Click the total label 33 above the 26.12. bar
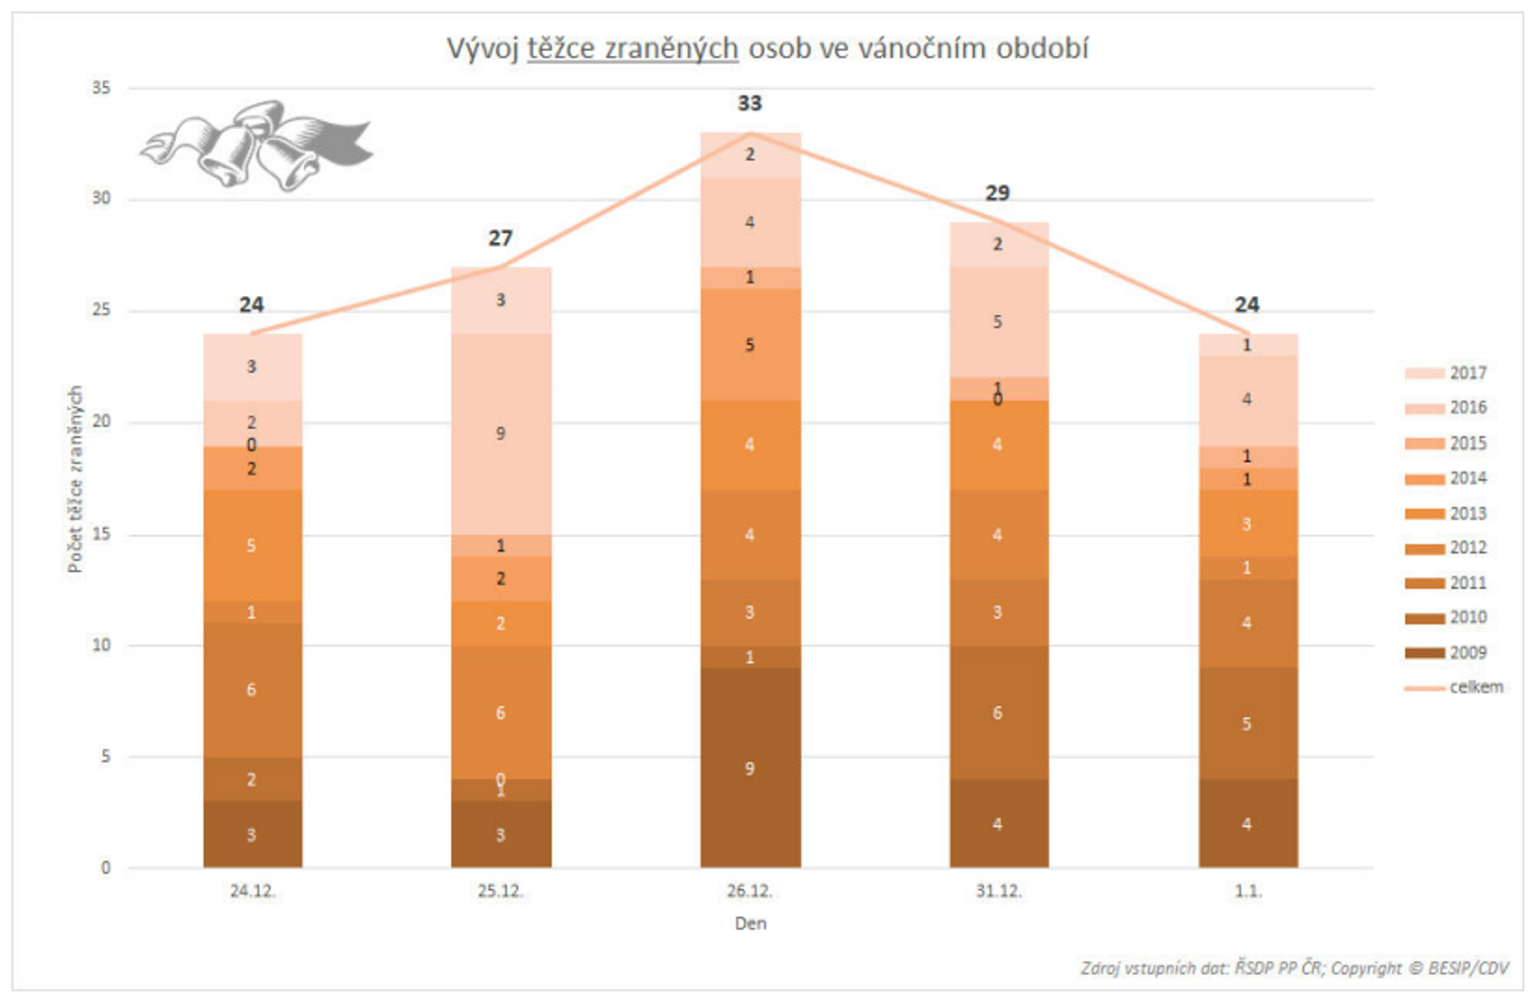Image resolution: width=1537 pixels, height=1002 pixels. click(750, 103)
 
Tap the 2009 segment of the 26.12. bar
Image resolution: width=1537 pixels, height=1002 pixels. click(750, 768)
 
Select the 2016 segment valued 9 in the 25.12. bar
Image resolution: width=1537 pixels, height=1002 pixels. click(501, 433)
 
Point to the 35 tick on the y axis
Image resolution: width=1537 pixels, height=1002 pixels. click(101, 88)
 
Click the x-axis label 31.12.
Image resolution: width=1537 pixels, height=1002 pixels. click(998, 891)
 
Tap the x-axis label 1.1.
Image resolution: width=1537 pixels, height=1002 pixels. click(1248, 891)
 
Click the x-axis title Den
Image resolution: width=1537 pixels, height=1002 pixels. click(751, 923)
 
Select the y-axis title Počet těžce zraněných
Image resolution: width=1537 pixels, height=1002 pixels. click(76, 479)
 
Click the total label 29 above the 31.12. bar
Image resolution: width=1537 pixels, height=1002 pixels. click(998, 193)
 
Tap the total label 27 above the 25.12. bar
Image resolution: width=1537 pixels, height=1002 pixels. click(501, 238)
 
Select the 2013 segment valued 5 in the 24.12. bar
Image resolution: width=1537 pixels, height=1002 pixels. click(252, 545)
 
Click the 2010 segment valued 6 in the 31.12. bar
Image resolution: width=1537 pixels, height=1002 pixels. click(998, 713)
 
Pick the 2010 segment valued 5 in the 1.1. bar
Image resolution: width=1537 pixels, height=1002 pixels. click(1248, 723)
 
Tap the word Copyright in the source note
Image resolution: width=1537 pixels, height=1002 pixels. click(1365, 969)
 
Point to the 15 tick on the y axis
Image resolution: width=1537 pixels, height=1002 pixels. click(101, 535)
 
